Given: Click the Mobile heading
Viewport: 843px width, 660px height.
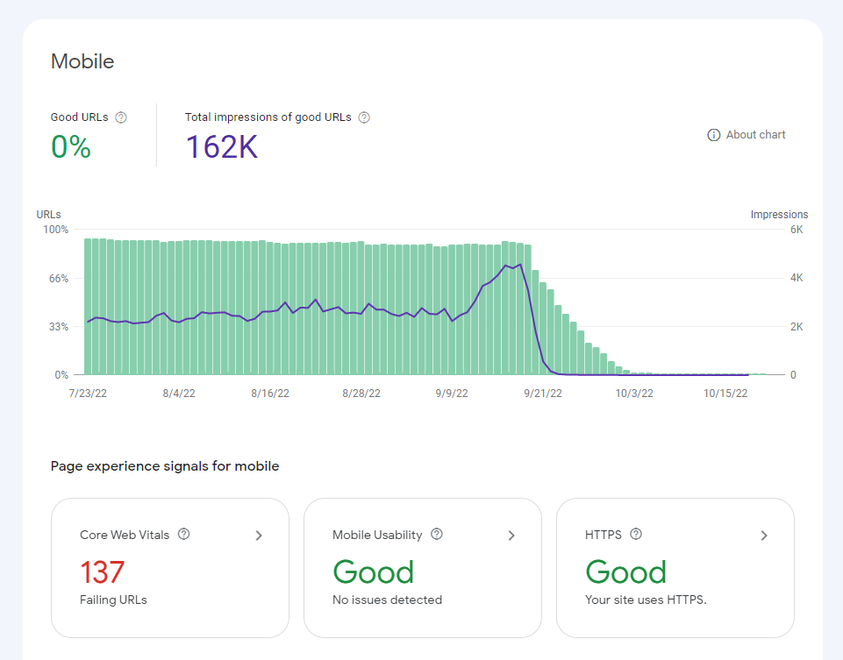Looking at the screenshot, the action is (82, 61).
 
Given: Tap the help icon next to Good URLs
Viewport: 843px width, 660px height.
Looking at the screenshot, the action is (121, 117).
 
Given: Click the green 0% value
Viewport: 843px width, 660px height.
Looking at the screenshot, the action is (71, 146).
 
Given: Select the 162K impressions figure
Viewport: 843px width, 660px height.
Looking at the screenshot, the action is (222, 146).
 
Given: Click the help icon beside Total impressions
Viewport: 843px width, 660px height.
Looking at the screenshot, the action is (364, 117).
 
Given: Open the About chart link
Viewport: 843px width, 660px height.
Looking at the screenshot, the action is (747, 135).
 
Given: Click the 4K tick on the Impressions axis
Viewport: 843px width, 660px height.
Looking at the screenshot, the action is (797, 278).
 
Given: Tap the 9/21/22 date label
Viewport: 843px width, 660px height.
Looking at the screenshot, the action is (543, 393).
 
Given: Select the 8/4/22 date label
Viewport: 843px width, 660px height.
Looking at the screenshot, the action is (179, 393).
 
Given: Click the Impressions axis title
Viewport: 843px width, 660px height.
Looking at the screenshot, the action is (779, 214).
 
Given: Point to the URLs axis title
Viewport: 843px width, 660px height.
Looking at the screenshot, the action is (48, 214).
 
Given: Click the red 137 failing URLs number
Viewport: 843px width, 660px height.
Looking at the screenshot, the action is (102, 572).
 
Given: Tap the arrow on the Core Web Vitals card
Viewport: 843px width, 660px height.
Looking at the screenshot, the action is (259, 536).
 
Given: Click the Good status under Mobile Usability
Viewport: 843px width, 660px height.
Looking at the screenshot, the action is (373, 572).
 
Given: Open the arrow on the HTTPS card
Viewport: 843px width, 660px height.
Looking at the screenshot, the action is (764, 536).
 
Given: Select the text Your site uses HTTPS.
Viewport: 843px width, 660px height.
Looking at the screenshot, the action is (646, 600).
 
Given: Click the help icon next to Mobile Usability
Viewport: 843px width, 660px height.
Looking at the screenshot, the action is (437, 534).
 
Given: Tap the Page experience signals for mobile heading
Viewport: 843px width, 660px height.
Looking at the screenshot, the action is (165, 466).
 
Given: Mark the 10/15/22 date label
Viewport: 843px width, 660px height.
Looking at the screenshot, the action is (725, 393).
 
